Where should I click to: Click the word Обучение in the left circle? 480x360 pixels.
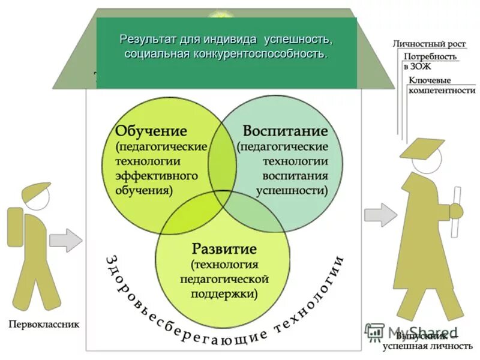pyautogui.click(x=151, y=131)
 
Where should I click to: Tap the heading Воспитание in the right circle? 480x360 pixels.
pyautogui.click(x=285, y=131)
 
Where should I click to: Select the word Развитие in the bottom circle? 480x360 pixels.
pyautogui.click(x=224, y=248)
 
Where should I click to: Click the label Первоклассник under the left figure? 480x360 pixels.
pyautogui.click(x=43, y=325)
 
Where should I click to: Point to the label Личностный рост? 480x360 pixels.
pyautogui.click(x=428, y=44)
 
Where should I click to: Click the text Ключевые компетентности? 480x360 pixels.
pyautogui.click(x=441, y=85)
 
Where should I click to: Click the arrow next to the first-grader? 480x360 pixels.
pyautogui.click(x=65, y=240)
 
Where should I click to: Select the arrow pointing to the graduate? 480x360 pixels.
pyautogui.click(x=380, y=213)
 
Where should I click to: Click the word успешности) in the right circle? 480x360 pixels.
pyautogui.click(x=292, y=191)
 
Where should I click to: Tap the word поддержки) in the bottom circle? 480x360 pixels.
pyautogui.click(x=224, y=294)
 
